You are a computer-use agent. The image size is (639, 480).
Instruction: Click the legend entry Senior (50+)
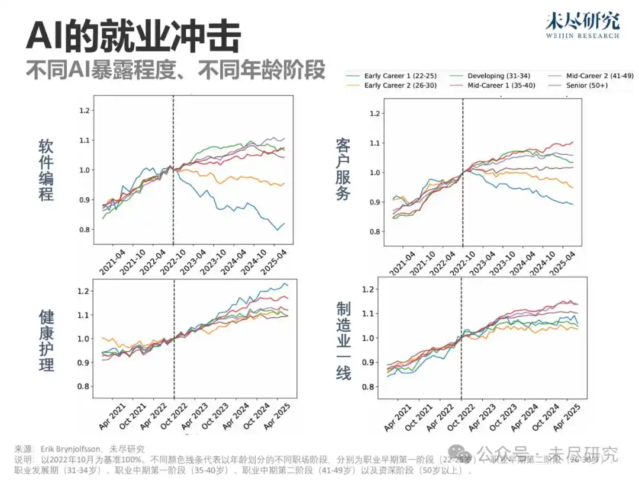point(586,85)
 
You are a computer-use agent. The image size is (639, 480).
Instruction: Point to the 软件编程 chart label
point(46,170)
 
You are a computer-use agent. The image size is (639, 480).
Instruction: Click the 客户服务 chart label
point(343,169)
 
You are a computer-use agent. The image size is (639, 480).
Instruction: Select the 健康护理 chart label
point(46,340)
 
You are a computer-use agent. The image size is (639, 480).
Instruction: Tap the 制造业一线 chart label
point(343,340)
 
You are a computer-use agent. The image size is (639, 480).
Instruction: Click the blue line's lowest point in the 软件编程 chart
point(278,230)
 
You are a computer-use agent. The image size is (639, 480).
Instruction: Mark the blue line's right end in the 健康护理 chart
point(288,286)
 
